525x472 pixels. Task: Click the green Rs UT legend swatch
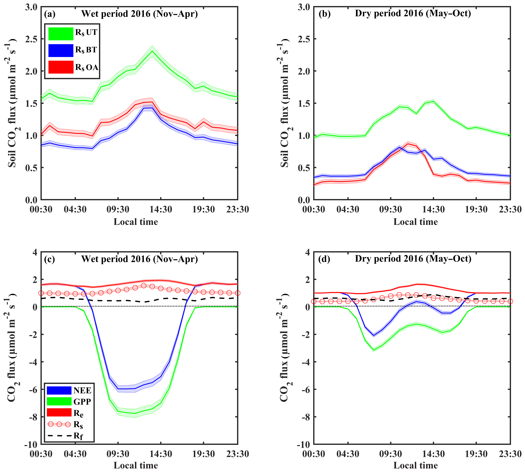pos(61,34)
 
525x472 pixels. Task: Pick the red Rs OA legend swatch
pos(61,67)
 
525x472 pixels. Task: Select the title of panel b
pos(413,13)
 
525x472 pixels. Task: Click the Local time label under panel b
pos(415,222)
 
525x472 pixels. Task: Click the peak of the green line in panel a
pos(152,51)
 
